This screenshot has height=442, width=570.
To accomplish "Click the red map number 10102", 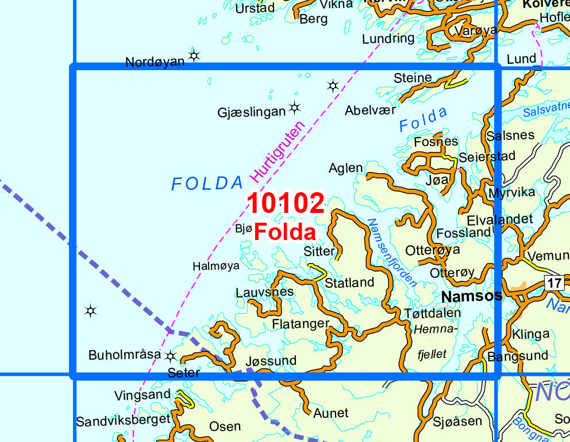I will (286, 204).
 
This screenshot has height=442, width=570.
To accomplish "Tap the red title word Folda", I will (285, 232).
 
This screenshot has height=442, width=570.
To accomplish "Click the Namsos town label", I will (471, 296).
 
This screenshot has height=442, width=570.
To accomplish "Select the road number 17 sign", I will (553, 283).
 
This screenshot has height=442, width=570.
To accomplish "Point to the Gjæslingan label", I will (251, 112).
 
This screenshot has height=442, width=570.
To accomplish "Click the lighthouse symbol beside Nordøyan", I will (194, 55).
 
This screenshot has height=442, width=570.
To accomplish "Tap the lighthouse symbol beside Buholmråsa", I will (170, 355).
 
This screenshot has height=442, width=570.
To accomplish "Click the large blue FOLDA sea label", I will (207, 184).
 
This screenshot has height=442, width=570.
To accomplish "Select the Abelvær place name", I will (371, 110).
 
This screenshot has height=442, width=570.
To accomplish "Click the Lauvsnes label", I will (264, 292).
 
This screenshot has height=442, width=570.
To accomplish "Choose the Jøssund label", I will (271, 361).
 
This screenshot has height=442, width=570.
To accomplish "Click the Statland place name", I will (349, 283).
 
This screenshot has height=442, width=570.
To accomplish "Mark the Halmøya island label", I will (216, 266).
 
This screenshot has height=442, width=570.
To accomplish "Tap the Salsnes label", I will (510, 136).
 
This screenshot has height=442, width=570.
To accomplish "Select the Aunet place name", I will (330, 413).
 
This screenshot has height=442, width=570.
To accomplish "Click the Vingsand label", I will (142, 395).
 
